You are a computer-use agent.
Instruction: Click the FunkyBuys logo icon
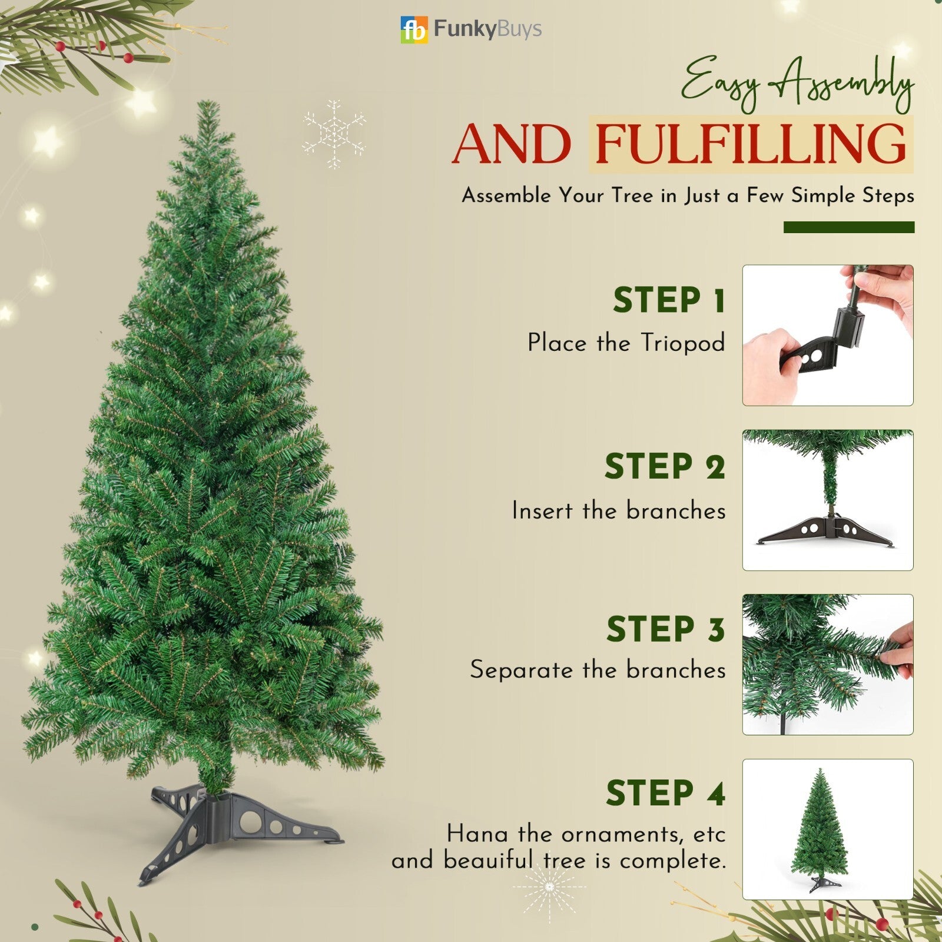(414, 30)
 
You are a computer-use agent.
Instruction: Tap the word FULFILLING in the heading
(751, 145)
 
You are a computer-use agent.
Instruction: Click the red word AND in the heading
(512, 145)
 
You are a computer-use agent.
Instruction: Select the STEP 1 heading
(669, 301)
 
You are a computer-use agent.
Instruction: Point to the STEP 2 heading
(665, 467)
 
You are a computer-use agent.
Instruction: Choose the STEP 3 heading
(666, 629)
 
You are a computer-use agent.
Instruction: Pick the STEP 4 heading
(666, 793)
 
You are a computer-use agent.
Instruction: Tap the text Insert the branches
(619, 510)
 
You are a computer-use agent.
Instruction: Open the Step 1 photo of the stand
(827, 335)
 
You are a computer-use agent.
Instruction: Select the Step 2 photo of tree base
(827, 500)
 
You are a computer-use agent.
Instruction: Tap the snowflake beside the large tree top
(334, 134)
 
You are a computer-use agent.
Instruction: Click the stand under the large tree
(241, 824)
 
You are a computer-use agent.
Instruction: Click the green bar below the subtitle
(848, 227)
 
